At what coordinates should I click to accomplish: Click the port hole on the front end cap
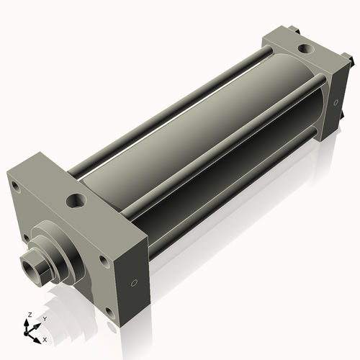tap(76, 199)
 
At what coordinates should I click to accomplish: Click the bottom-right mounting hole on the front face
tap(108, 312)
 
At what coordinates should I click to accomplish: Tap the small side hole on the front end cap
tap(134, 283)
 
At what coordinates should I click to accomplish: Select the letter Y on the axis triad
tap(44, 318)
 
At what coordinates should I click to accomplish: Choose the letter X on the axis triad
tap(45, 338)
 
